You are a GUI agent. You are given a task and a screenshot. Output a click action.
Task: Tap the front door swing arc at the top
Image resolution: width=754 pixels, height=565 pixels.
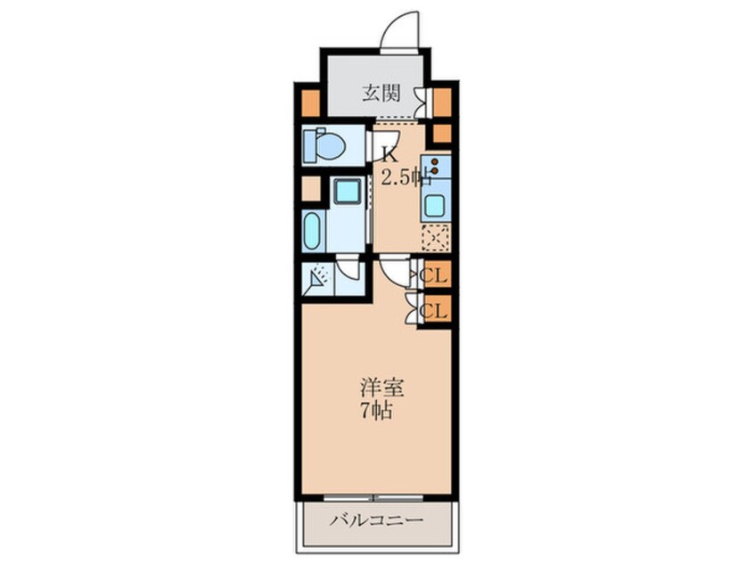click(398, 30)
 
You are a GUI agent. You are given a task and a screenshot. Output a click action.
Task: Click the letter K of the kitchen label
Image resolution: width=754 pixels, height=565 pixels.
click(389, 152)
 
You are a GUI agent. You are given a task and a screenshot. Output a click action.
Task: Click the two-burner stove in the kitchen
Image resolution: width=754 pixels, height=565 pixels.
click(435, 167)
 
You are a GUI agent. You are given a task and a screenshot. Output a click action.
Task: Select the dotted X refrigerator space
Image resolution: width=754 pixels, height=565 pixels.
click(436, 238)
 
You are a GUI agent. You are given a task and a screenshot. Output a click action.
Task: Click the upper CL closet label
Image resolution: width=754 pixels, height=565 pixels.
click(435, 274)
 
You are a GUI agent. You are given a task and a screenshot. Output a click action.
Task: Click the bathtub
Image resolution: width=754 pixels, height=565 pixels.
click(312, 230)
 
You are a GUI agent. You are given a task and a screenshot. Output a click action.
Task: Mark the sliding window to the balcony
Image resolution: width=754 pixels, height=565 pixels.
click(375, 496)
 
